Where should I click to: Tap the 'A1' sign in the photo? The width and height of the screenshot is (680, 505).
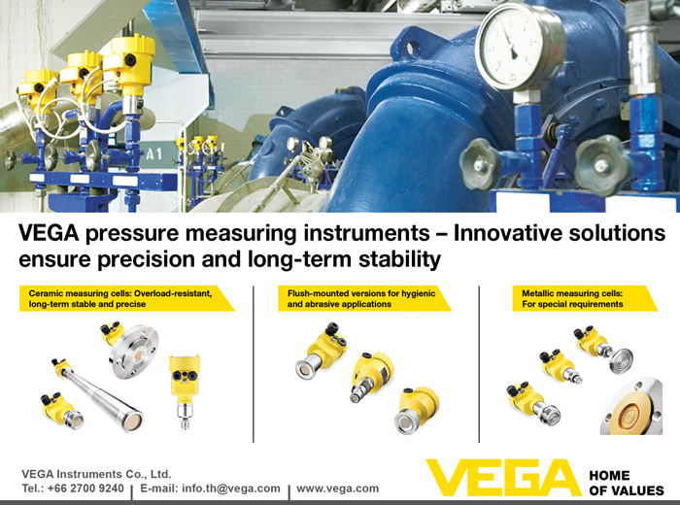pos(154,153)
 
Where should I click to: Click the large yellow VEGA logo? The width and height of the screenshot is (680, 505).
pos(503,478)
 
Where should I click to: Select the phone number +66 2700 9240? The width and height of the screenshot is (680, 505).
pos(85,488)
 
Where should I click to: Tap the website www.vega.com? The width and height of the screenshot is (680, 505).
pos(337,488)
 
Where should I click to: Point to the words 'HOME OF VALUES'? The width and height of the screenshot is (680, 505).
pos(627,483)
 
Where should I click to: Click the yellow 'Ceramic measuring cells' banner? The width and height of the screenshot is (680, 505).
pos(125,299)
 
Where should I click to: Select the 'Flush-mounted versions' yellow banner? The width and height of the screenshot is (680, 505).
pos(364,299)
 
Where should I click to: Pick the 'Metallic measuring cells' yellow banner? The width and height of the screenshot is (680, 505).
pos(584,299)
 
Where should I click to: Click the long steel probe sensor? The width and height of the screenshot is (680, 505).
pos(97,394)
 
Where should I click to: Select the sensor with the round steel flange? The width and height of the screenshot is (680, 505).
pos(131,349)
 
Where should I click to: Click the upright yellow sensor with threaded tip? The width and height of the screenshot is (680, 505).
pos(185,391)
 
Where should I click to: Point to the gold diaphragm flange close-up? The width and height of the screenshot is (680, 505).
pos(632,407)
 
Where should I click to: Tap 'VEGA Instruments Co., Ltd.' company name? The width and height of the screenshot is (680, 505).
pos(96,474)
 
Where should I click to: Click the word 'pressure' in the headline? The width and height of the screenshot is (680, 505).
pos(132,234)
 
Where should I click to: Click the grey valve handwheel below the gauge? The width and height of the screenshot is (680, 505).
pos(480,164)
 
